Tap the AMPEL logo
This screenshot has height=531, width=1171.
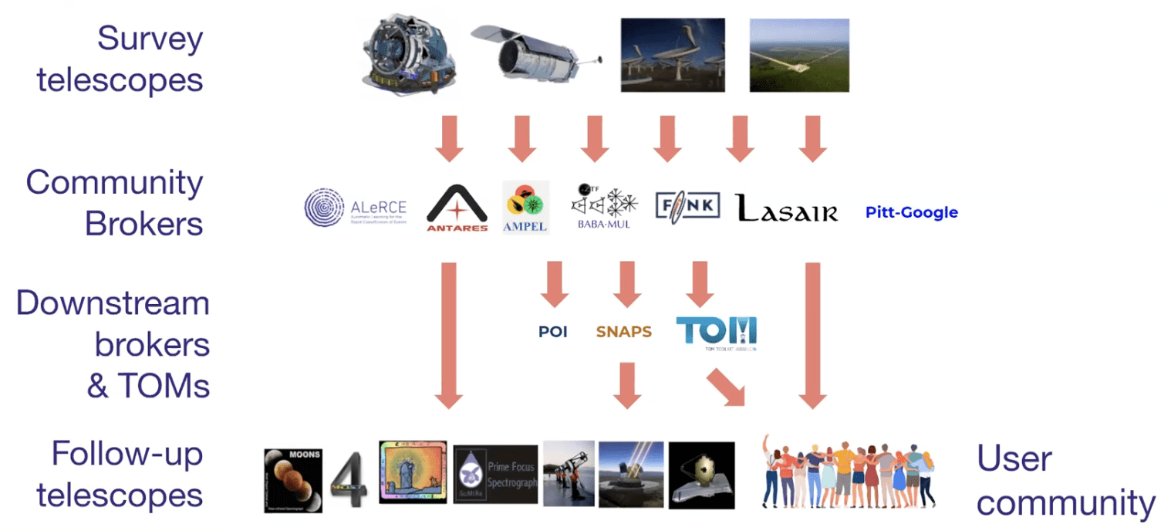coord(525,207)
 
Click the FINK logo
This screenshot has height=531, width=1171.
coord(687,205)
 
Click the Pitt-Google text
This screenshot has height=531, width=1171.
coord(911,212)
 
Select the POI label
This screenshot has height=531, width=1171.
coord(553,332)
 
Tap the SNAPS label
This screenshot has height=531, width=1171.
coord(623,332)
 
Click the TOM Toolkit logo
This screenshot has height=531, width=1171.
coord(716,332)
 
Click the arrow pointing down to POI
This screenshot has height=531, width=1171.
coord(554,283)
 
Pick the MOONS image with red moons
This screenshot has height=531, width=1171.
coord(292,481)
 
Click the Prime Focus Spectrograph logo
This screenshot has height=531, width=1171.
coord(495,474)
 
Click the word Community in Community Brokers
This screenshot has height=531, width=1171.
coord(114,183)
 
